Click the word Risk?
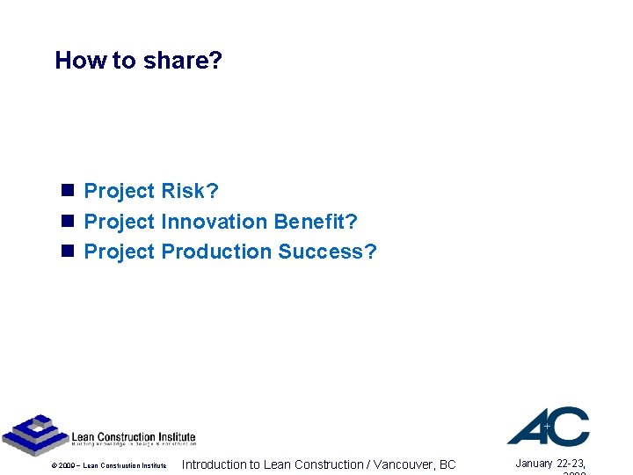click(190, 191)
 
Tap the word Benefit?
click(316, 222)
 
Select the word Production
click(216, 252)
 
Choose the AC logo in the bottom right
click(548, 426)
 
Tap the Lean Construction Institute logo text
click(133, 437)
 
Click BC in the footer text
click(447, 464)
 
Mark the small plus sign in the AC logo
click(547, 425)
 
